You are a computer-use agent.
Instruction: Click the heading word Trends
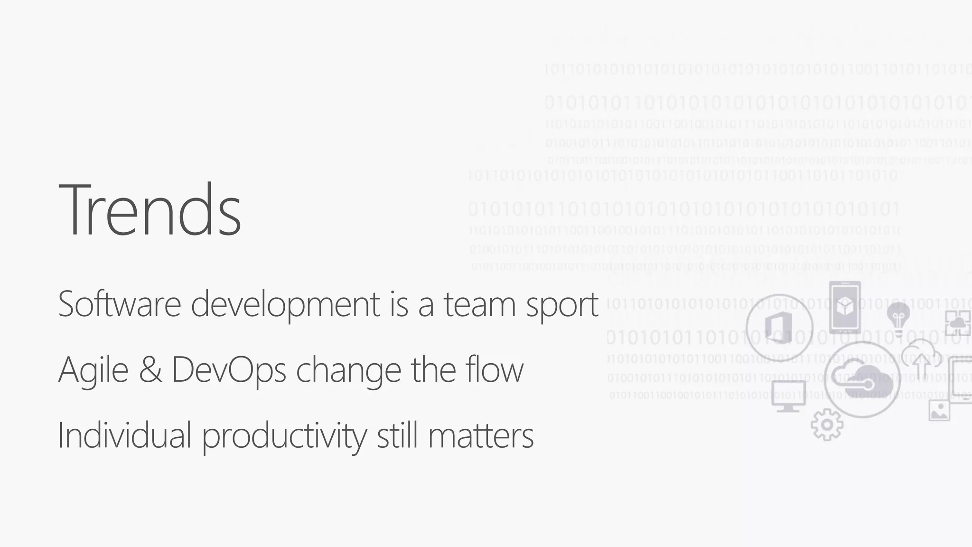[150, 210]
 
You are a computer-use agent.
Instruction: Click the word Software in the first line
[119, 304]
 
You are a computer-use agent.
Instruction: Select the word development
[285, 304]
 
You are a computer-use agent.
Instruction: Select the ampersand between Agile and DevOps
[150, 370]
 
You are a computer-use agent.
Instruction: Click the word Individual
[124, 435]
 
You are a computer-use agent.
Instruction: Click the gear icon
[827, 424]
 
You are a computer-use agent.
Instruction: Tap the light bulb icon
[898, 316]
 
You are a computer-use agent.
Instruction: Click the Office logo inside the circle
[779, 328]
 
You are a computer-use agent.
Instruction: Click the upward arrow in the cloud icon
[922, 363]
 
